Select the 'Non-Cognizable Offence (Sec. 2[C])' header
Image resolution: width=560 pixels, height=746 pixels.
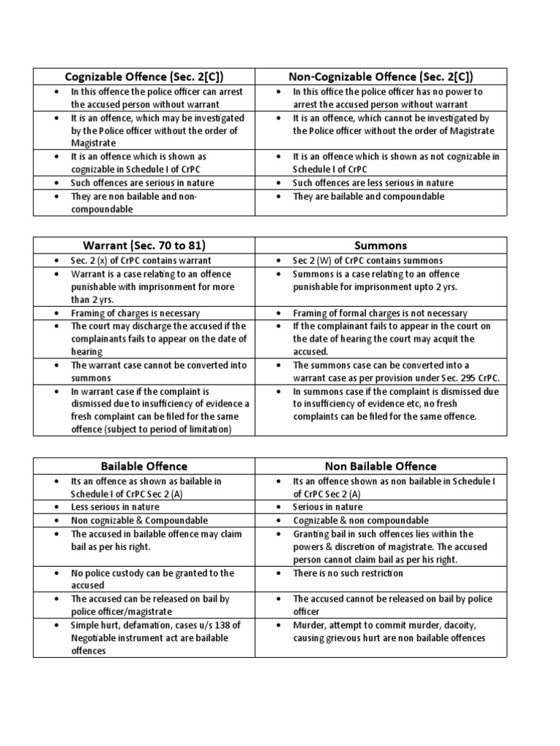tap(381, 76)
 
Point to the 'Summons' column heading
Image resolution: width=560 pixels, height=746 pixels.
tap(381, 246)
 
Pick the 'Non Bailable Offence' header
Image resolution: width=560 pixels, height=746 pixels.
tap(381, 466)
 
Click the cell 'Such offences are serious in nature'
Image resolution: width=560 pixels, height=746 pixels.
tap(142, 183)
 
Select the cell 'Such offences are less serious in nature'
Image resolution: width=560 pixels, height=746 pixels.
tap(373, 183)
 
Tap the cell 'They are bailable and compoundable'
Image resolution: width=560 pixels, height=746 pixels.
tap(368, 196)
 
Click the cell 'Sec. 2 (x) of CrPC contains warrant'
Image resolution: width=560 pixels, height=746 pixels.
tap(140, 260)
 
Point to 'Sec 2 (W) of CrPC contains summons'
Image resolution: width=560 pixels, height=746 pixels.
tap(367, 260)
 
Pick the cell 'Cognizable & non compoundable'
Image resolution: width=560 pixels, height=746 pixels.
tap(360, 520)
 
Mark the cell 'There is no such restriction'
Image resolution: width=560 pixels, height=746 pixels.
tap(348, 573)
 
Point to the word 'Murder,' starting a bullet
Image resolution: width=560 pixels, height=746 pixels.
tap(309, 625)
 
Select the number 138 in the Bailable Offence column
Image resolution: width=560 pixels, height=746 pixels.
tap(236, 625)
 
